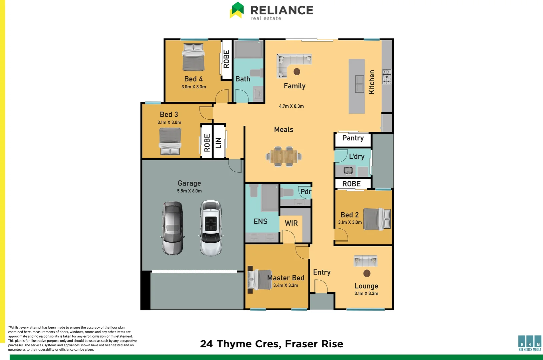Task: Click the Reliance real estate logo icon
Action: coord(237,10)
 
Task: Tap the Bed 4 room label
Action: coord(193,79)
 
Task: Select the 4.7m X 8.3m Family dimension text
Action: coord(291,106)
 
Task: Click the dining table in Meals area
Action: coord(284,156)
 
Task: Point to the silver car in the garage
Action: coord(172,228)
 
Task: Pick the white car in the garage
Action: coord(211,228)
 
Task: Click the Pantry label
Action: coord(353,138)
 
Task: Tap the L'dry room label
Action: coord(357,157)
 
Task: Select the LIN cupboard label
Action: coord(218,143)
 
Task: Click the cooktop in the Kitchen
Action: coord(387,77)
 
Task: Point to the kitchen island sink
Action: coord(360,84)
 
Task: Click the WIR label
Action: coord(291,223)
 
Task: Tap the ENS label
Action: coord(260,221)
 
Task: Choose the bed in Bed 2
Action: coord(377,219)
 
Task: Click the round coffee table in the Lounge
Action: coord(367,273)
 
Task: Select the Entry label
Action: coord(322,272)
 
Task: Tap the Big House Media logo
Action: coord(530,343)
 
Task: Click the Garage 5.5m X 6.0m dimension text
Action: coord(189,191)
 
